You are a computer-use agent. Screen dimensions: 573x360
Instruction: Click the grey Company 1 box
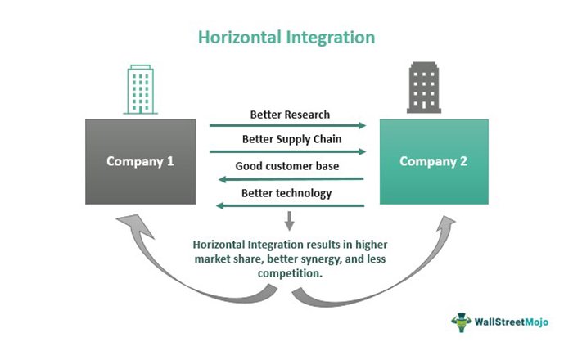point(140,161)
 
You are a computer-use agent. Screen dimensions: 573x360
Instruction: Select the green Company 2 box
point(434,161)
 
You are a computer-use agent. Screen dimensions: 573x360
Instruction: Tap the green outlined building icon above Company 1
point(140,89)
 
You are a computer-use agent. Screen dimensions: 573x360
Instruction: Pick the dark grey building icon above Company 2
point(424,88)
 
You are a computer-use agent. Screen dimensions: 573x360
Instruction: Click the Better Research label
point(290,115)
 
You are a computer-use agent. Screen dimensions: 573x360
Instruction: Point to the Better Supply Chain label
point(291,139)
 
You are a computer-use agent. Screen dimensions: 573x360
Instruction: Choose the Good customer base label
point(286,166)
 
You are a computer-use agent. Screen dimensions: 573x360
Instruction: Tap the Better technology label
point(286,193)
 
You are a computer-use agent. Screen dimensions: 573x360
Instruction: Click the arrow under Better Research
point(287,126)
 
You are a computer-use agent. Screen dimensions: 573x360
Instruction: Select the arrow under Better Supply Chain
point(287,151)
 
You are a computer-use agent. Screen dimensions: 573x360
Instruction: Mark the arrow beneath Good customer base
point(291,179)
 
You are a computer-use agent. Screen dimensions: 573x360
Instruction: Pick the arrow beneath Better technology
point(290,206)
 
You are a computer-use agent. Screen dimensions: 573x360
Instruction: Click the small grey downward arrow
point(290,221)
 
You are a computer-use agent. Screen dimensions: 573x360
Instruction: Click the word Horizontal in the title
point(240,38)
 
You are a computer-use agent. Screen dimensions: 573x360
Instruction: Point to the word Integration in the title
point(331,38)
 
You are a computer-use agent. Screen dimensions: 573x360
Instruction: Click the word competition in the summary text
point(289,273)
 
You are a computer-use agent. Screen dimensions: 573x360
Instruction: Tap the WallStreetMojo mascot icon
point(461,322)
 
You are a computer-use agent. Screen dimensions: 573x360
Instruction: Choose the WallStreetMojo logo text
point(512,322)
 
